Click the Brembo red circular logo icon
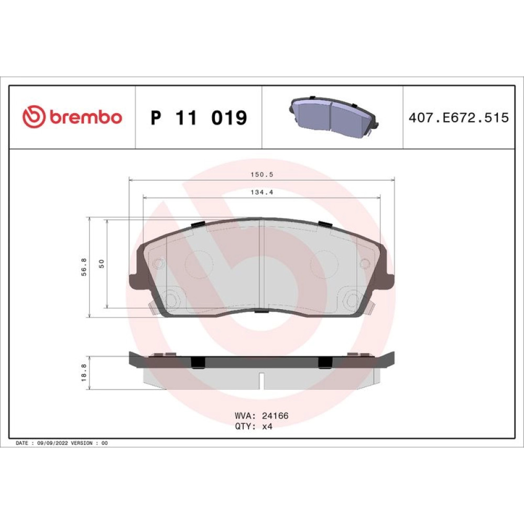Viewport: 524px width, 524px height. [x=34, y=117]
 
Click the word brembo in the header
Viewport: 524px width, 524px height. [x=86, y=117]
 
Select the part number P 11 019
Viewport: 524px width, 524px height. [x=199, y=117]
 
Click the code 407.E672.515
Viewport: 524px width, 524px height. [x=458, y=117]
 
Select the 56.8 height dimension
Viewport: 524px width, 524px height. [x=84, y=267]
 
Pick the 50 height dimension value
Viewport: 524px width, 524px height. [x=102, y=264]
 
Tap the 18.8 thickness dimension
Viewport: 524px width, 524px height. [x=84, y=372]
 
